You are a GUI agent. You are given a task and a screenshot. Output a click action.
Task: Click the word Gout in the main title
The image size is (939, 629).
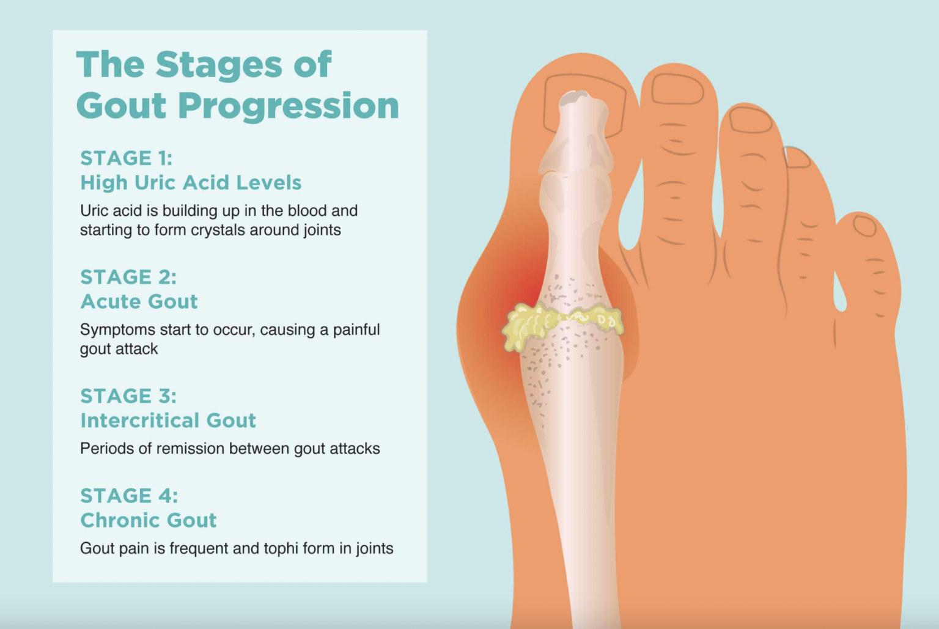pyautogui.click(x=121, y=106)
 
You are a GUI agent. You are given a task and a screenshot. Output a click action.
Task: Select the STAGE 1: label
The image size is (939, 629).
pyautogui.click(x=127, y=158)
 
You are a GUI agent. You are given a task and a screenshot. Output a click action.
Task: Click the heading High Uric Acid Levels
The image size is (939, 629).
pyautogui.click(x=191, y=183)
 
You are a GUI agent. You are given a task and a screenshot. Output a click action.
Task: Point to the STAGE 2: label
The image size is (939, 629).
pyautogui.click(x=128, y=277)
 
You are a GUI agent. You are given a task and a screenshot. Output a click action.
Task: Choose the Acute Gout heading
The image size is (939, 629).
pyautogui.click(x=139, y=301)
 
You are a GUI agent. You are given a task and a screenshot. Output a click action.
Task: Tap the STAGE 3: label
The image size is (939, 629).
pyautogui.click(x=128, y=396)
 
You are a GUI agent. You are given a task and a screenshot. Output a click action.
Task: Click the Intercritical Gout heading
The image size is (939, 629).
pyautogui.click(x=168, y=421)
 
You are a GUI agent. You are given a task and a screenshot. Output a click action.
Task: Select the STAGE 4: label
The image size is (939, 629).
pyautogui.click(x=129, y=496)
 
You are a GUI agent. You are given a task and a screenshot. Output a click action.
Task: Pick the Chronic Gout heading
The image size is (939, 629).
pyautogui.click(x=149, y=520)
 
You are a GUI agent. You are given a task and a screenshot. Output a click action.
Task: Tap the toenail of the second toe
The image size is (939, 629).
pyautogui.click(x=677, y=89)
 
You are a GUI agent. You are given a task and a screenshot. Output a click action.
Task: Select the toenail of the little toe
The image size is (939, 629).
pyautogui.click(x=864, y=227)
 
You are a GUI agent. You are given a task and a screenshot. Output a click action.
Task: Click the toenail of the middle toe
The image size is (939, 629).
pyautogui.click(x=751, y=120)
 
